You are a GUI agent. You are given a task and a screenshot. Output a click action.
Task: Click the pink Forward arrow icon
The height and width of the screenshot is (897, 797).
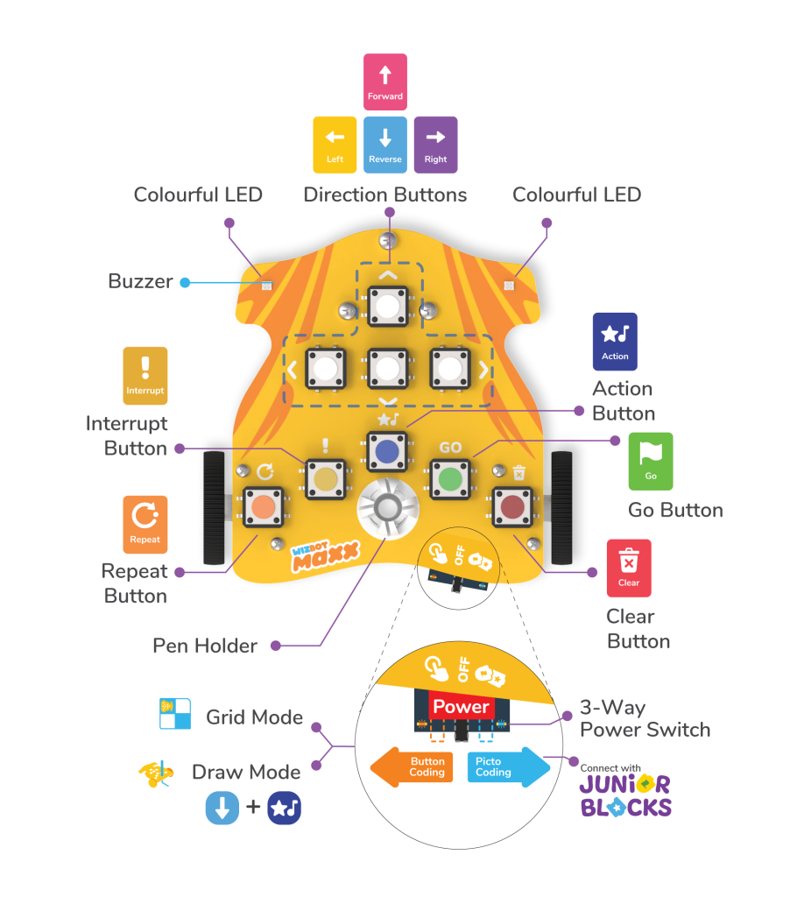(384, 81)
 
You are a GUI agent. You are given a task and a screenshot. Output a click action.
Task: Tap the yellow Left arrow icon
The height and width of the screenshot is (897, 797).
(335, 145)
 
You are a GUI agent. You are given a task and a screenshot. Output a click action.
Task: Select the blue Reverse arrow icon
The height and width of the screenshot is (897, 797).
(384, 145)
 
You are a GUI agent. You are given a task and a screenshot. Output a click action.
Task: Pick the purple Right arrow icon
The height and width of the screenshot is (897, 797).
(435, 145)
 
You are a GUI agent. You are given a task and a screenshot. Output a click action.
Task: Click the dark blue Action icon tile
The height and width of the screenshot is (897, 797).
(615, 341)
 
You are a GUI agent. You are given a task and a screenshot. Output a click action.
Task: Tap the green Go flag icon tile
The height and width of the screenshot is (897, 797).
(651, 461)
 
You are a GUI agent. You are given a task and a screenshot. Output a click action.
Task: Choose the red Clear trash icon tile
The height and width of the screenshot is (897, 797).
(629, 568)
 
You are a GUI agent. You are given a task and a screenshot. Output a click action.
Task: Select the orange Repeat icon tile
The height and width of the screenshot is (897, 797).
(145, 524)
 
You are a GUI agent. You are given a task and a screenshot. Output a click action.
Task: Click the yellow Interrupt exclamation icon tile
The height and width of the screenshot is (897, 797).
(145, 376)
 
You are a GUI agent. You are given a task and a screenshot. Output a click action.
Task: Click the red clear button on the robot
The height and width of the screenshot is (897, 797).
(512, 506)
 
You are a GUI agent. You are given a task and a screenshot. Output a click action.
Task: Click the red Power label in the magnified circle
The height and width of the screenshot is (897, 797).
(461, 707)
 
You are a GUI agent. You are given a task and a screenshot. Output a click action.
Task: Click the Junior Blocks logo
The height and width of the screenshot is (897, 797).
(625, 795)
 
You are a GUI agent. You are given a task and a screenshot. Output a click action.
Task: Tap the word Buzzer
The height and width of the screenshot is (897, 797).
(140, 281)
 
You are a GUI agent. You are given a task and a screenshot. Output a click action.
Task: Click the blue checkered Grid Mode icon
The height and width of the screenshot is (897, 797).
(175, 714)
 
